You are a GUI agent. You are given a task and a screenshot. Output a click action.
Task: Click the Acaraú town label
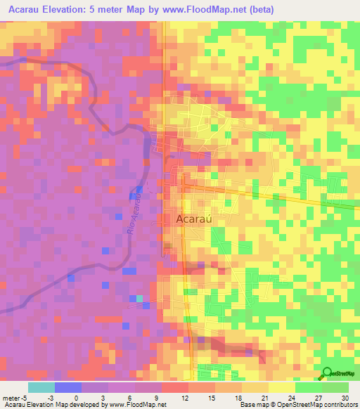pos(193,219)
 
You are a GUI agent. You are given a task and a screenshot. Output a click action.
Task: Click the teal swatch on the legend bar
pos(41,387)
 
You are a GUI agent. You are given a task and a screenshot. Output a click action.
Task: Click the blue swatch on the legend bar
pos(68,387)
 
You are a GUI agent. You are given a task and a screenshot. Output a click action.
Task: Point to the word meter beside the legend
pos(13,397)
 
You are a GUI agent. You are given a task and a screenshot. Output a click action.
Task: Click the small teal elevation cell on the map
pos(139,298)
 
